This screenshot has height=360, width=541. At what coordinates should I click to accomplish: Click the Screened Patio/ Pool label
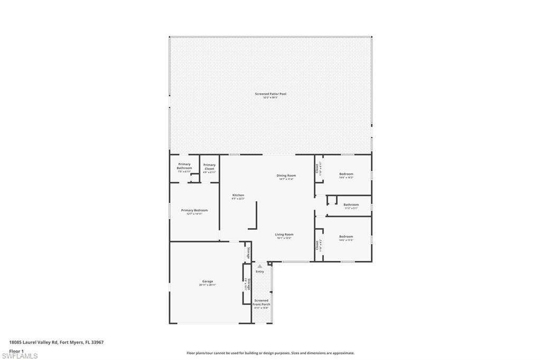pos(270,93)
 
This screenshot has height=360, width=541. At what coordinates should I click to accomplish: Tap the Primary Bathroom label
pos(184,166)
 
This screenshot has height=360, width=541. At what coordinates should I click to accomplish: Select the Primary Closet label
pos(209,166)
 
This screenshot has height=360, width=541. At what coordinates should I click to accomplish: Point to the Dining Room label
pos(286,175)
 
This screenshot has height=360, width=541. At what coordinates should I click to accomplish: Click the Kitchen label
pos(238,195)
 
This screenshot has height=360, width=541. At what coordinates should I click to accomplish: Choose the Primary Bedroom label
pos(194,210)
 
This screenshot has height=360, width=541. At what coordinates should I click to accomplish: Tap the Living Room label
pos(284,234)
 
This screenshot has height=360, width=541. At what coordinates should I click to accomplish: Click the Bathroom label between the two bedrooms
pos(351,204)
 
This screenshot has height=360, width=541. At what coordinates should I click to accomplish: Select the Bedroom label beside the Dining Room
pos(346,174)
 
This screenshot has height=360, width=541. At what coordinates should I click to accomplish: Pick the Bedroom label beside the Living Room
pos(346,236)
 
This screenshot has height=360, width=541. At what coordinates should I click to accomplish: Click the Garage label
pos(208,281)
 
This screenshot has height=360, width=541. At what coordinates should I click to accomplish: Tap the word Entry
pos(260,271)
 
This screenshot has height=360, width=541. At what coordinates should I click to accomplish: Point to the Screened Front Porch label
pos(261,302)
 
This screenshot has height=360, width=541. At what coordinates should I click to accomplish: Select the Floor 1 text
pos(17,350)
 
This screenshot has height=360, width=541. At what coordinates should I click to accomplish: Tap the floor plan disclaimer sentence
pos(270,353)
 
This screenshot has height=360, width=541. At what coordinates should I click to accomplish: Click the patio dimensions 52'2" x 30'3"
pos(270,98)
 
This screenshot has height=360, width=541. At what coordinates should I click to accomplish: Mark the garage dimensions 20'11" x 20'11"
pos(208,285)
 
